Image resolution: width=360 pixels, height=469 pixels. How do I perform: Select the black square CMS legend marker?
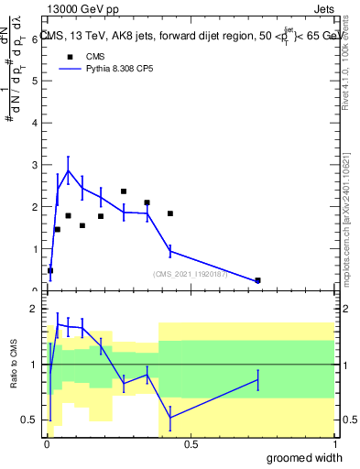pyautogui.click(x=70, y=56)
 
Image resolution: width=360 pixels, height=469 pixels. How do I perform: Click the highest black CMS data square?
pyautogui.click(x=124, y=191)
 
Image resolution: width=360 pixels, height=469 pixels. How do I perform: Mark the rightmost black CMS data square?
pyautogui.click(x=257, y=280)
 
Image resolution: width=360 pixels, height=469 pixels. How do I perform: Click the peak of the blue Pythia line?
pyautogui.click(x=68, y=170)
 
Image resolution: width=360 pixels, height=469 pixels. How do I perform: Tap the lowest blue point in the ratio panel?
pyautogui.click(x=170, y=417)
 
